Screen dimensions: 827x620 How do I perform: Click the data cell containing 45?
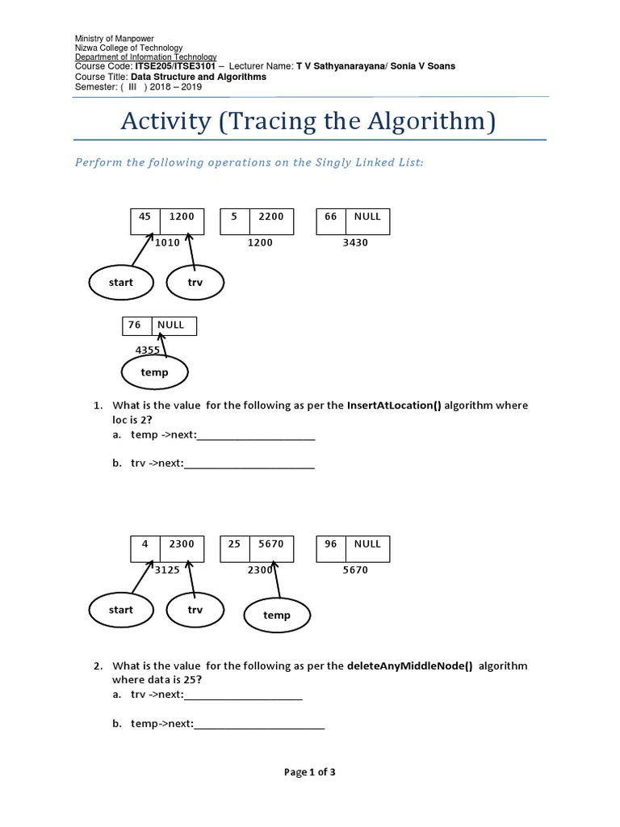pyautogui.click(x=145, y=216)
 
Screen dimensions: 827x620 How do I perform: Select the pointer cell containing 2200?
pyautogui.click(x=271, y=216)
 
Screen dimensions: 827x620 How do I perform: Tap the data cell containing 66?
pyautogui.click(x=331, y=216)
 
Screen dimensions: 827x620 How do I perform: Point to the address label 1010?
pyautogui.click(x=167, y=242)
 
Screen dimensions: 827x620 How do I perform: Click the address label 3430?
pyautogui.click(x=355, y=242)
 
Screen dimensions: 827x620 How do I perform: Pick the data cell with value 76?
pyautogui.click(x=134, y=325)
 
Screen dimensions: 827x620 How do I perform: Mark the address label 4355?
pyautogui.click(x=148, y=350)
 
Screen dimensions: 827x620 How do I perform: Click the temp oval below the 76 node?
pyautogui.click(x=154, y=372)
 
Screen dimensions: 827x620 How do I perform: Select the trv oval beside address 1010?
pyautogui.click(x=195, y=283)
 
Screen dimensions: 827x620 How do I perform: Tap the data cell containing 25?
pyautogui.click(x=235, y=544)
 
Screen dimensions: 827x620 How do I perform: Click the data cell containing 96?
pyautogui.click(x=331, y=544)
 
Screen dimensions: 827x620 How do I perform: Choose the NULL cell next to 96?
pyautogui.click(x=367, y=544)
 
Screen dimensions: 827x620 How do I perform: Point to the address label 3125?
pyautogui.click(x=167, y=570)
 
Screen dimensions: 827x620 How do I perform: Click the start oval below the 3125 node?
pyautogui.click(x=121, y=610)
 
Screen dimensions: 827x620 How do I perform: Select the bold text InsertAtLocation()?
pyautogui.click(x=394, y=405)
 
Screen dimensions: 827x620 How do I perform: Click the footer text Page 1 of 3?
pyautogui.click(x=310, y=772)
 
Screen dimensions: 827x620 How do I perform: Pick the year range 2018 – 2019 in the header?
pyautogui.click(x=175, y=86)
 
